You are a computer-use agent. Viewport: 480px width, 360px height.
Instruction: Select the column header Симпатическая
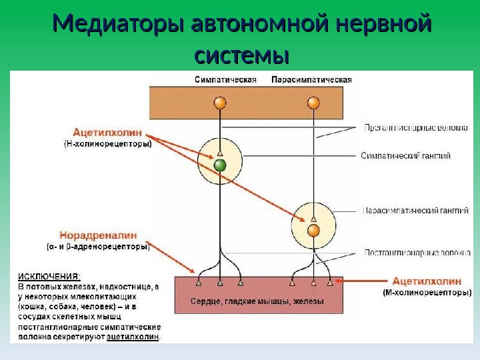(225, 79)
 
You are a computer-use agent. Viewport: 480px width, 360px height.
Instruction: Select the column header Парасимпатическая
(311, 79)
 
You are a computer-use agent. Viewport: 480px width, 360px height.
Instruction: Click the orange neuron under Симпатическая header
(219, 103)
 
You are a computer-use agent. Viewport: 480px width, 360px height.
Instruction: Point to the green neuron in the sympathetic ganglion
(220, 165)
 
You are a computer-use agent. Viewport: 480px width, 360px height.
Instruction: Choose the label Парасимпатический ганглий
(415, 211)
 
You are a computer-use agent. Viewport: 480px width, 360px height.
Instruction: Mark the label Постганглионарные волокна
(416, 253)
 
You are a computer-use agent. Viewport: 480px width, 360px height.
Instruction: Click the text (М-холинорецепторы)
(427, 292)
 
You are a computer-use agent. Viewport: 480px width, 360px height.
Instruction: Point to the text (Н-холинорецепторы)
(108, 143)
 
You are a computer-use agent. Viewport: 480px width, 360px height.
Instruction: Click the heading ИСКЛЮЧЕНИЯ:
(49, 275)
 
